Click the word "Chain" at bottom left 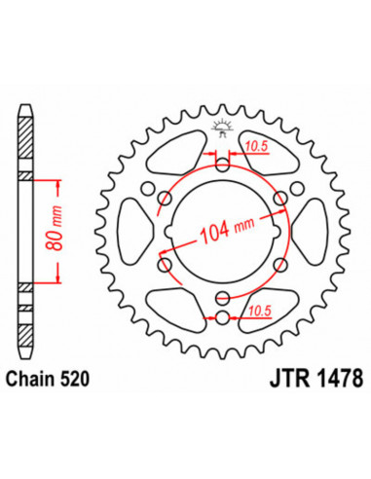pos(34,380)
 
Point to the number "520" pos(79,380)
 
